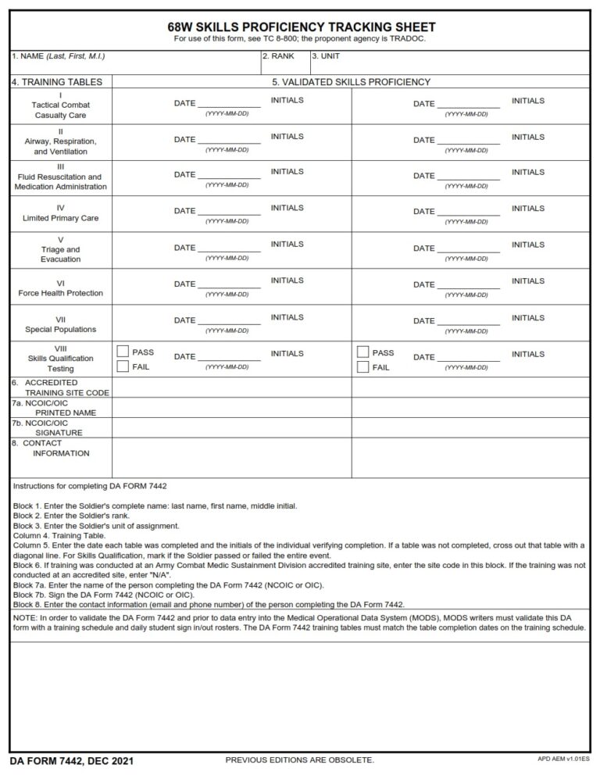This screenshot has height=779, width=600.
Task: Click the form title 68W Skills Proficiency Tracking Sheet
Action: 300,27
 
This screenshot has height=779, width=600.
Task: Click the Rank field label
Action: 277,56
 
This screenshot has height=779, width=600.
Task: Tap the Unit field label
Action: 326,56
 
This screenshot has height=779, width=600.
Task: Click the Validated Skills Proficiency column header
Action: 351,82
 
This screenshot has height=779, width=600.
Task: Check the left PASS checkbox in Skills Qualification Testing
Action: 123,352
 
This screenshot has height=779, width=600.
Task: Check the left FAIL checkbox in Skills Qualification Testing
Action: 123,366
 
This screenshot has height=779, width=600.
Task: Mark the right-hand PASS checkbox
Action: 362,352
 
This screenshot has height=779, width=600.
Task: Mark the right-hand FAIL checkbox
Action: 362,366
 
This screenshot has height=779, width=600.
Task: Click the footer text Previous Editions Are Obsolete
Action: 299,760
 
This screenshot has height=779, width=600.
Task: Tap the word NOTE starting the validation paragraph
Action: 25,616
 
